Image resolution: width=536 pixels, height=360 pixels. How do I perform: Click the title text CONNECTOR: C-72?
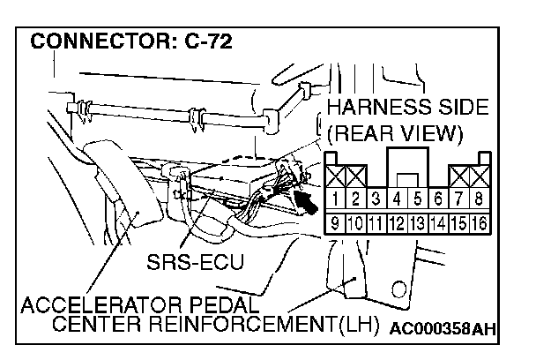(x=132, y=41)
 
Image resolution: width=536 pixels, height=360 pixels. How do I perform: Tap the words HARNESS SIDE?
(x=406, y=109)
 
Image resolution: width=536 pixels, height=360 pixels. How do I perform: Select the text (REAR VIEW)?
(x=395, y=134)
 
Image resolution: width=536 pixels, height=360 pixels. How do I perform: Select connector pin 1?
(x=335, y=199)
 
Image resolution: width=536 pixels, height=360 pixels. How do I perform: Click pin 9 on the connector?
(x=335, y=221)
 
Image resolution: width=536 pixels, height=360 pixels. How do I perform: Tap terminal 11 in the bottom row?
(x=376, y=221)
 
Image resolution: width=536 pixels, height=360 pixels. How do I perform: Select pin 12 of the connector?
(x=397, y=221)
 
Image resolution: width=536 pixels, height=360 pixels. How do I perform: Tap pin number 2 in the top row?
(x=355, y=199)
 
